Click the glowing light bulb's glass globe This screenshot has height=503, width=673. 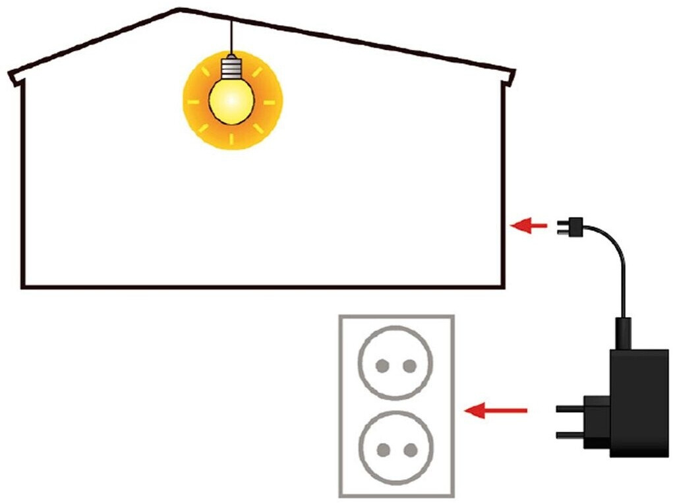tap(231, 100)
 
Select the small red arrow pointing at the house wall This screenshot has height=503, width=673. tap(529, 226)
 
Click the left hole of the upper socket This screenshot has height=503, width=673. tap(381, 365)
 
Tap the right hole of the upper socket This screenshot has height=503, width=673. tap(409, 365)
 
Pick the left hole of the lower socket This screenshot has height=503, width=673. tap(382, 450)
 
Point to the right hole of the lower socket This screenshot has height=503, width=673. tap(410, 450)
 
